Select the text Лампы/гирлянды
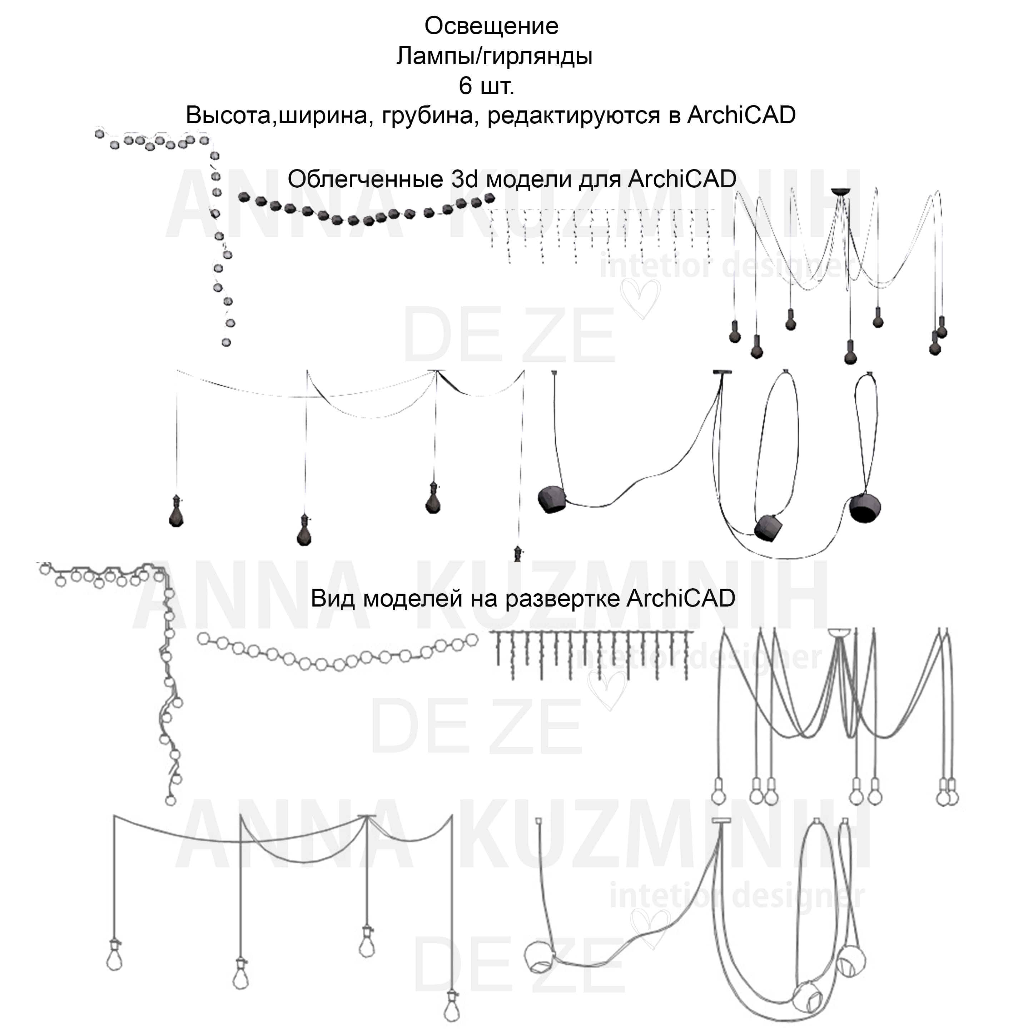(x=494, y=56)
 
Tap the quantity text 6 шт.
(x=486, y=86)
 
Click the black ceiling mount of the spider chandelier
(x=841, y=192)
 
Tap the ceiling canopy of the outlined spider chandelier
(x=838, y=633)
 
